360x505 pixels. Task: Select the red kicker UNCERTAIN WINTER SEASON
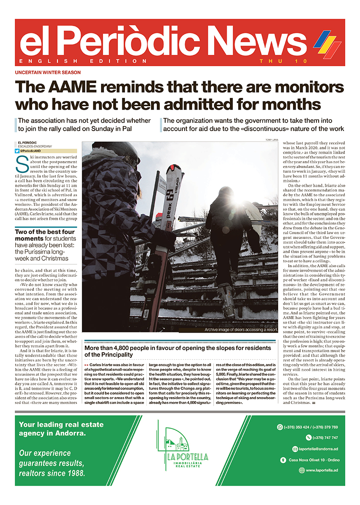(47, 72)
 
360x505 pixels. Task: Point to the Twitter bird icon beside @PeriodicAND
(17, 151)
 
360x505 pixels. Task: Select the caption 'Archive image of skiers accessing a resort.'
(240, 330)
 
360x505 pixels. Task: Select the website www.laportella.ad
(322, 470)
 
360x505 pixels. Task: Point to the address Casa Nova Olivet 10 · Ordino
(314, 460)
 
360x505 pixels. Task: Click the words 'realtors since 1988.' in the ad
(52, 473)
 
